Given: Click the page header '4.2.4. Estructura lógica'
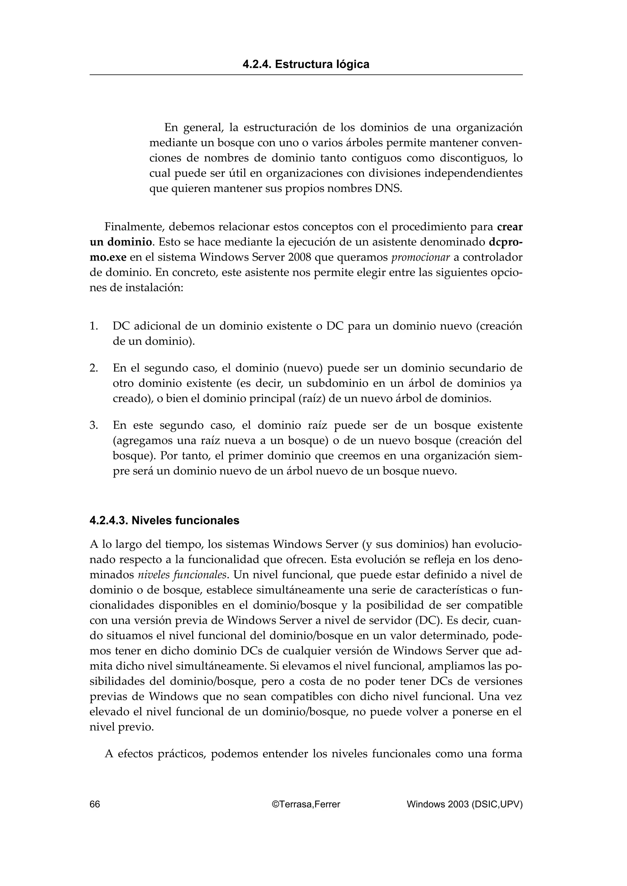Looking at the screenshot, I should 306,64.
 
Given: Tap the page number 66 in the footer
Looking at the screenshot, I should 95,804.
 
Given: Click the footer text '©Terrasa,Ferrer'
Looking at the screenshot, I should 306,804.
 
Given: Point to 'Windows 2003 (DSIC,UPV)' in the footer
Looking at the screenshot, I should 464,804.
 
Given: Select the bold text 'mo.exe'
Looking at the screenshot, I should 108,257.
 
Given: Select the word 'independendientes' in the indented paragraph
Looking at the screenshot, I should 473,173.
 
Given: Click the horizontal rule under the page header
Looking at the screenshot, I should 306,75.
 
